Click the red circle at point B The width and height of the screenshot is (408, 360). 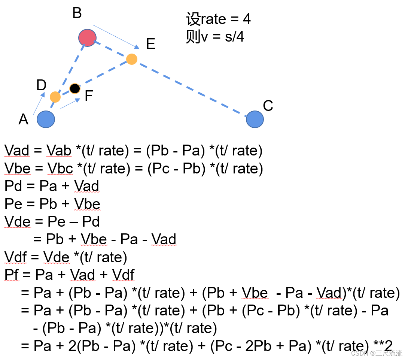coord(88,37)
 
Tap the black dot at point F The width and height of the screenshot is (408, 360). coord(75,89)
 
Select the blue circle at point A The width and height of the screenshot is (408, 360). coord(46,119)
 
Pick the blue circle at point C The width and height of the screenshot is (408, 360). coord(255,119)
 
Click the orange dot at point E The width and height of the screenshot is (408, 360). coord(131,59)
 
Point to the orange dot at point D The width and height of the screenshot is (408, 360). coord(55,97)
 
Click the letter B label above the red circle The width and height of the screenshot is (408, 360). coord(77,13)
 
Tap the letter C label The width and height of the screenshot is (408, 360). coord(268,106)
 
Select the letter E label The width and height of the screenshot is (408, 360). coord(150,44)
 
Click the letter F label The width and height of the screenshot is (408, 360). coord(88,96)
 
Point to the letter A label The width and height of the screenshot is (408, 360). coord(23,120)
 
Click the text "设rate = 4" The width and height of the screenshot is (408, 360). coord(218,19)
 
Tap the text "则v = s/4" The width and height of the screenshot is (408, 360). coord(215,37)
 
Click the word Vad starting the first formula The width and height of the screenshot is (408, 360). coord(17,151)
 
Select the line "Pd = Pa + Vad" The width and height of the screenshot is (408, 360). coord(52,186)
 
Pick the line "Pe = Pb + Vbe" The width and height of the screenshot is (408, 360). coord(52,204)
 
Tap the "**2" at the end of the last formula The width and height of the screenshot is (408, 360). coord(383,345)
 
